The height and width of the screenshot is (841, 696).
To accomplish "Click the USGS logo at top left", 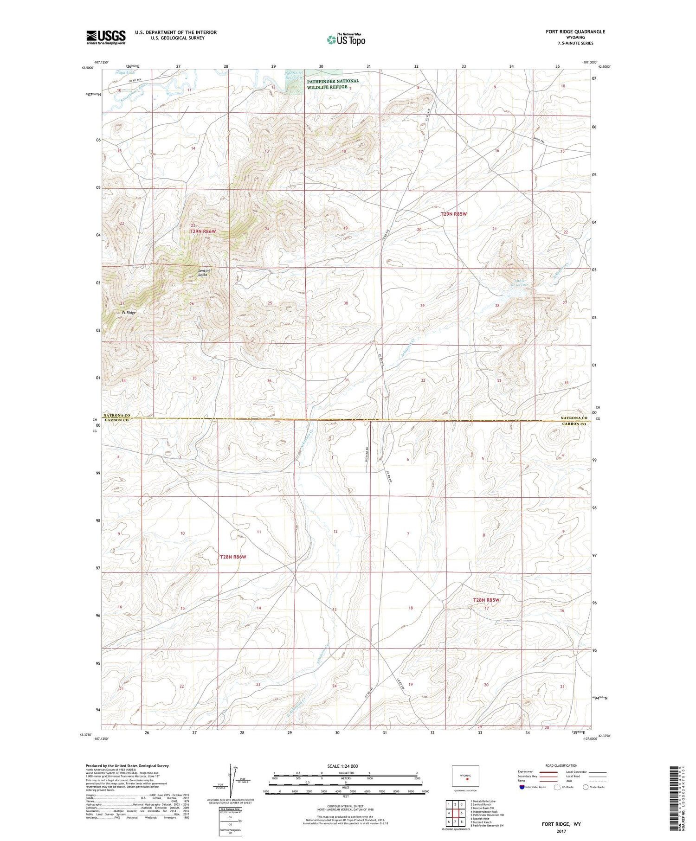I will (106, 37).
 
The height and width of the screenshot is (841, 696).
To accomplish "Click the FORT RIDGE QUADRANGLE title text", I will (575, 32).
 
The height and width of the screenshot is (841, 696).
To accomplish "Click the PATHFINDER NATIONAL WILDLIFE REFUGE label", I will (332, 84).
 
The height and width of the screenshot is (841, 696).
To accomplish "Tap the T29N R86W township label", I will (203, 231).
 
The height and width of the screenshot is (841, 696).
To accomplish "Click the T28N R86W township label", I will (233, 557).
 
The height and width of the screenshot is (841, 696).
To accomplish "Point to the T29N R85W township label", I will (453, 214).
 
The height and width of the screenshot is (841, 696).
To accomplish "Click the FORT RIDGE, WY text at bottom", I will (561, 824).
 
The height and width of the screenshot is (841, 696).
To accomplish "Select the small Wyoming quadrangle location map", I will (465, 776).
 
